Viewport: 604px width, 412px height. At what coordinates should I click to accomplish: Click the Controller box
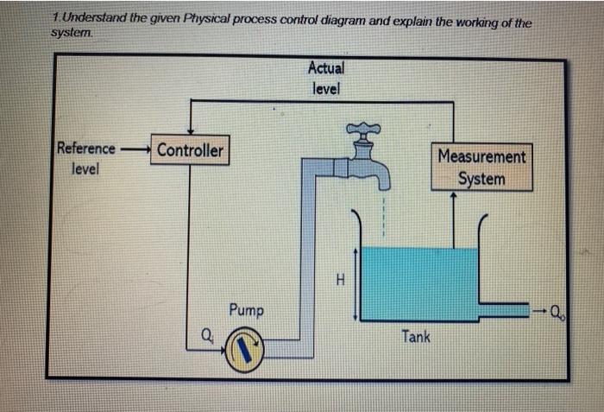pyautogui.click(x=189, y=150)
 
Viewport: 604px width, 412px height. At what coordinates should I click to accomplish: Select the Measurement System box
pyautogui.click(x=481, y=168)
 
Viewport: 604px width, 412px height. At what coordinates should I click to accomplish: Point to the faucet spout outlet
pyautogui.click(x=381, y=184)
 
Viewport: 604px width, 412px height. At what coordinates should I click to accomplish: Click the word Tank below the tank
pyautogui.click(x=415, y=336)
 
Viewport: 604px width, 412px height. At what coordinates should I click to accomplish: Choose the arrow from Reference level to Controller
pyautogui.click(x=135, y=149)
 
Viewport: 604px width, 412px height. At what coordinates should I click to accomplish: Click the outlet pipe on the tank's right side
pyautogui.click(x=504, y=309)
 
